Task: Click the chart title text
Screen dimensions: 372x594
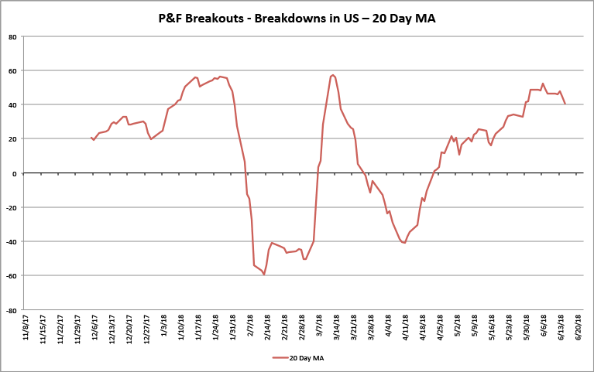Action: click(x=297, y=19)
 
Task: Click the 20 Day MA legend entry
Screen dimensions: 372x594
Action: click(x=304, y=357)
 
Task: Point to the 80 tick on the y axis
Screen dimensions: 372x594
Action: click(x=13, y=36)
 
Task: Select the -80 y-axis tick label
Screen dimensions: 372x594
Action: click(x=12, y=310)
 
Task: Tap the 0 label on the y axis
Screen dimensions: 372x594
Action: click(x=15, y=173)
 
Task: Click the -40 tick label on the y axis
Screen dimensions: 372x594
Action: click(x=12, y=241)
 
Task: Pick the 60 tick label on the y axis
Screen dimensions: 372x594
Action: click(x=13, y=70)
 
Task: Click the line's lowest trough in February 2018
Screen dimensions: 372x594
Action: click(x=264, y=274)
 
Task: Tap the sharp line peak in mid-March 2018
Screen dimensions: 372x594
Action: click(x=332, y=75)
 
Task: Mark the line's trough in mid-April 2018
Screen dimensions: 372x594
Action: click(x=404, y=243)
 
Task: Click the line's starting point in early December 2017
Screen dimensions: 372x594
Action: click(x=91, y=138)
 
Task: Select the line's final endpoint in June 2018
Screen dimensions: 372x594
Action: click(x=565, y=104)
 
